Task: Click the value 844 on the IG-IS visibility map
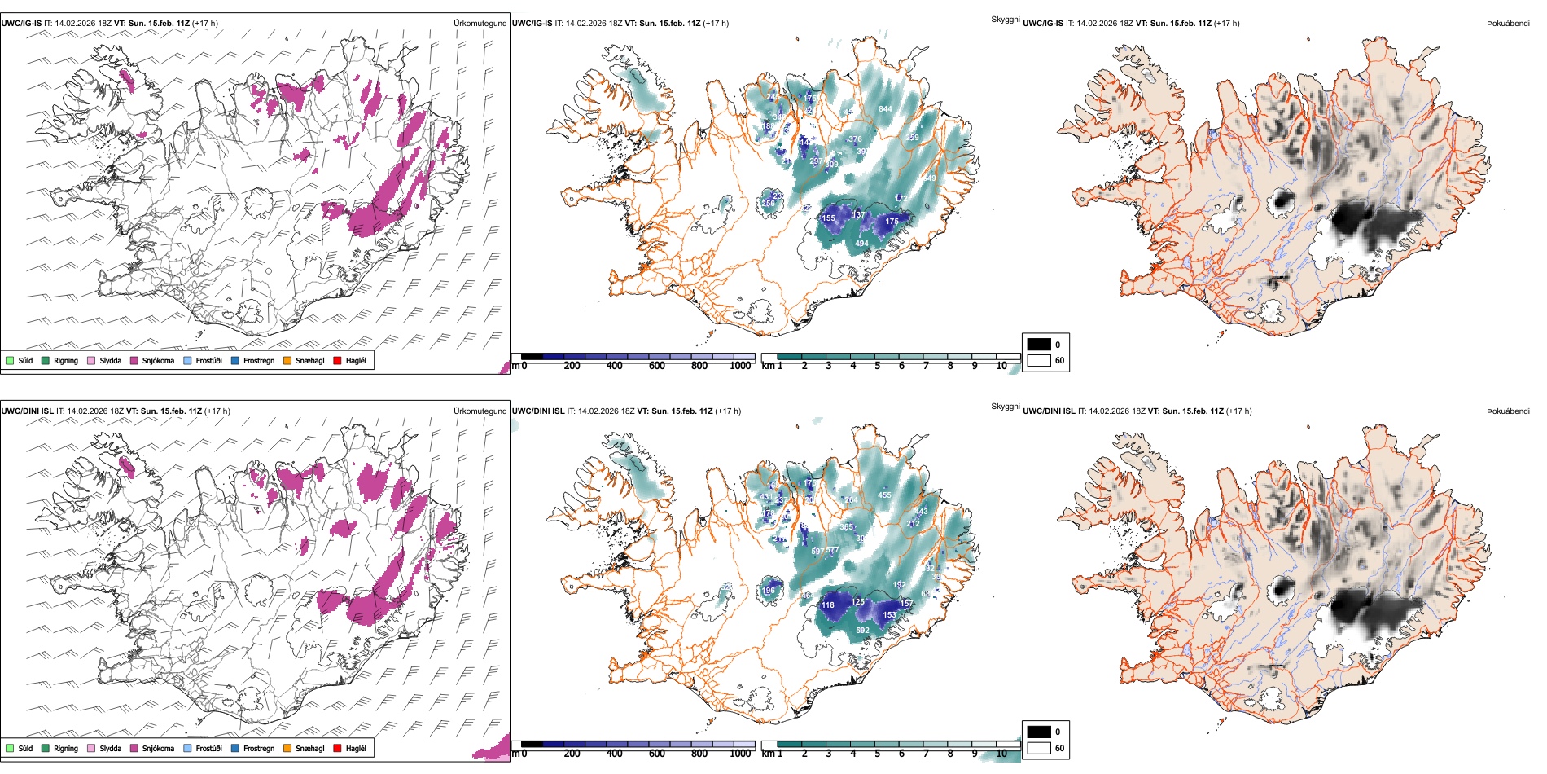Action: point(885,109)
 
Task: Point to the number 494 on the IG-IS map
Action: point(861,244)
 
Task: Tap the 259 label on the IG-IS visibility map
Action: point(912,138)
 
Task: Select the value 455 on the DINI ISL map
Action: point(884,495)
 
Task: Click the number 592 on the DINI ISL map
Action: point(862,631)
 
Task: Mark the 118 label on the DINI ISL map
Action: point(828,605)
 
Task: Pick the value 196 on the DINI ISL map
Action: point(769,591)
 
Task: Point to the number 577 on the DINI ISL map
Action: point(832,551)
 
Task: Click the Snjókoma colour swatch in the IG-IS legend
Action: point(134,361)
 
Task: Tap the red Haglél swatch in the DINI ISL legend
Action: point(338,748)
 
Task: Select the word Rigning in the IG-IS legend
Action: point(66,361)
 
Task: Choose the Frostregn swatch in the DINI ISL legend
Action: point(235,748)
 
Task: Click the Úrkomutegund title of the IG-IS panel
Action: point(480,24)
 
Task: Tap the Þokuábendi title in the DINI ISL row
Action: point(1508,411)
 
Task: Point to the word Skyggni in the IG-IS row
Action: point(1005,20)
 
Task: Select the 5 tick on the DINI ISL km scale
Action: point(877,754)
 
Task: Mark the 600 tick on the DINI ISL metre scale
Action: point(657,754)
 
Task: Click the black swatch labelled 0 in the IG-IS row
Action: point(1039,345)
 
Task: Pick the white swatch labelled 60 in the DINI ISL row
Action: point(1039,748)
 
